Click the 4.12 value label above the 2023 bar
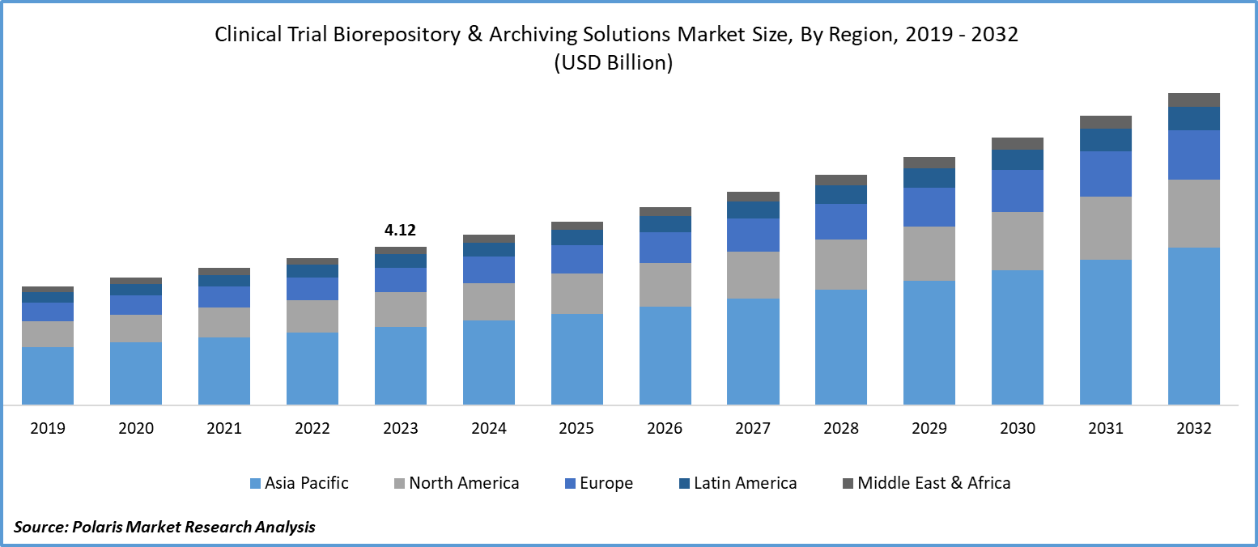(x=400, y=231)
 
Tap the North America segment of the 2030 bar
(x=1017, y=240)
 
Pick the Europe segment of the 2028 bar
(x=841, y=221)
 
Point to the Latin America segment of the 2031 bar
(x=1106, y=140)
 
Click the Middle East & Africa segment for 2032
(x=1193, y=100)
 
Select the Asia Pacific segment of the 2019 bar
(x=48, y=375)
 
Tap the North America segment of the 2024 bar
(x=488, y=301)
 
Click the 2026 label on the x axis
(x=665, y=429)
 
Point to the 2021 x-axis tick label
(x=224, y=429)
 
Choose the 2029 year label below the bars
(x=929, y=429)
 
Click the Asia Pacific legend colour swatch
(x=255, y=484)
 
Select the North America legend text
(x=464, y=483)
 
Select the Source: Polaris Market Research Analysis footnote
(x=164, y=527)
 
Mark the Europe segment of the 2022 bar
(x=312, y=288)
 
